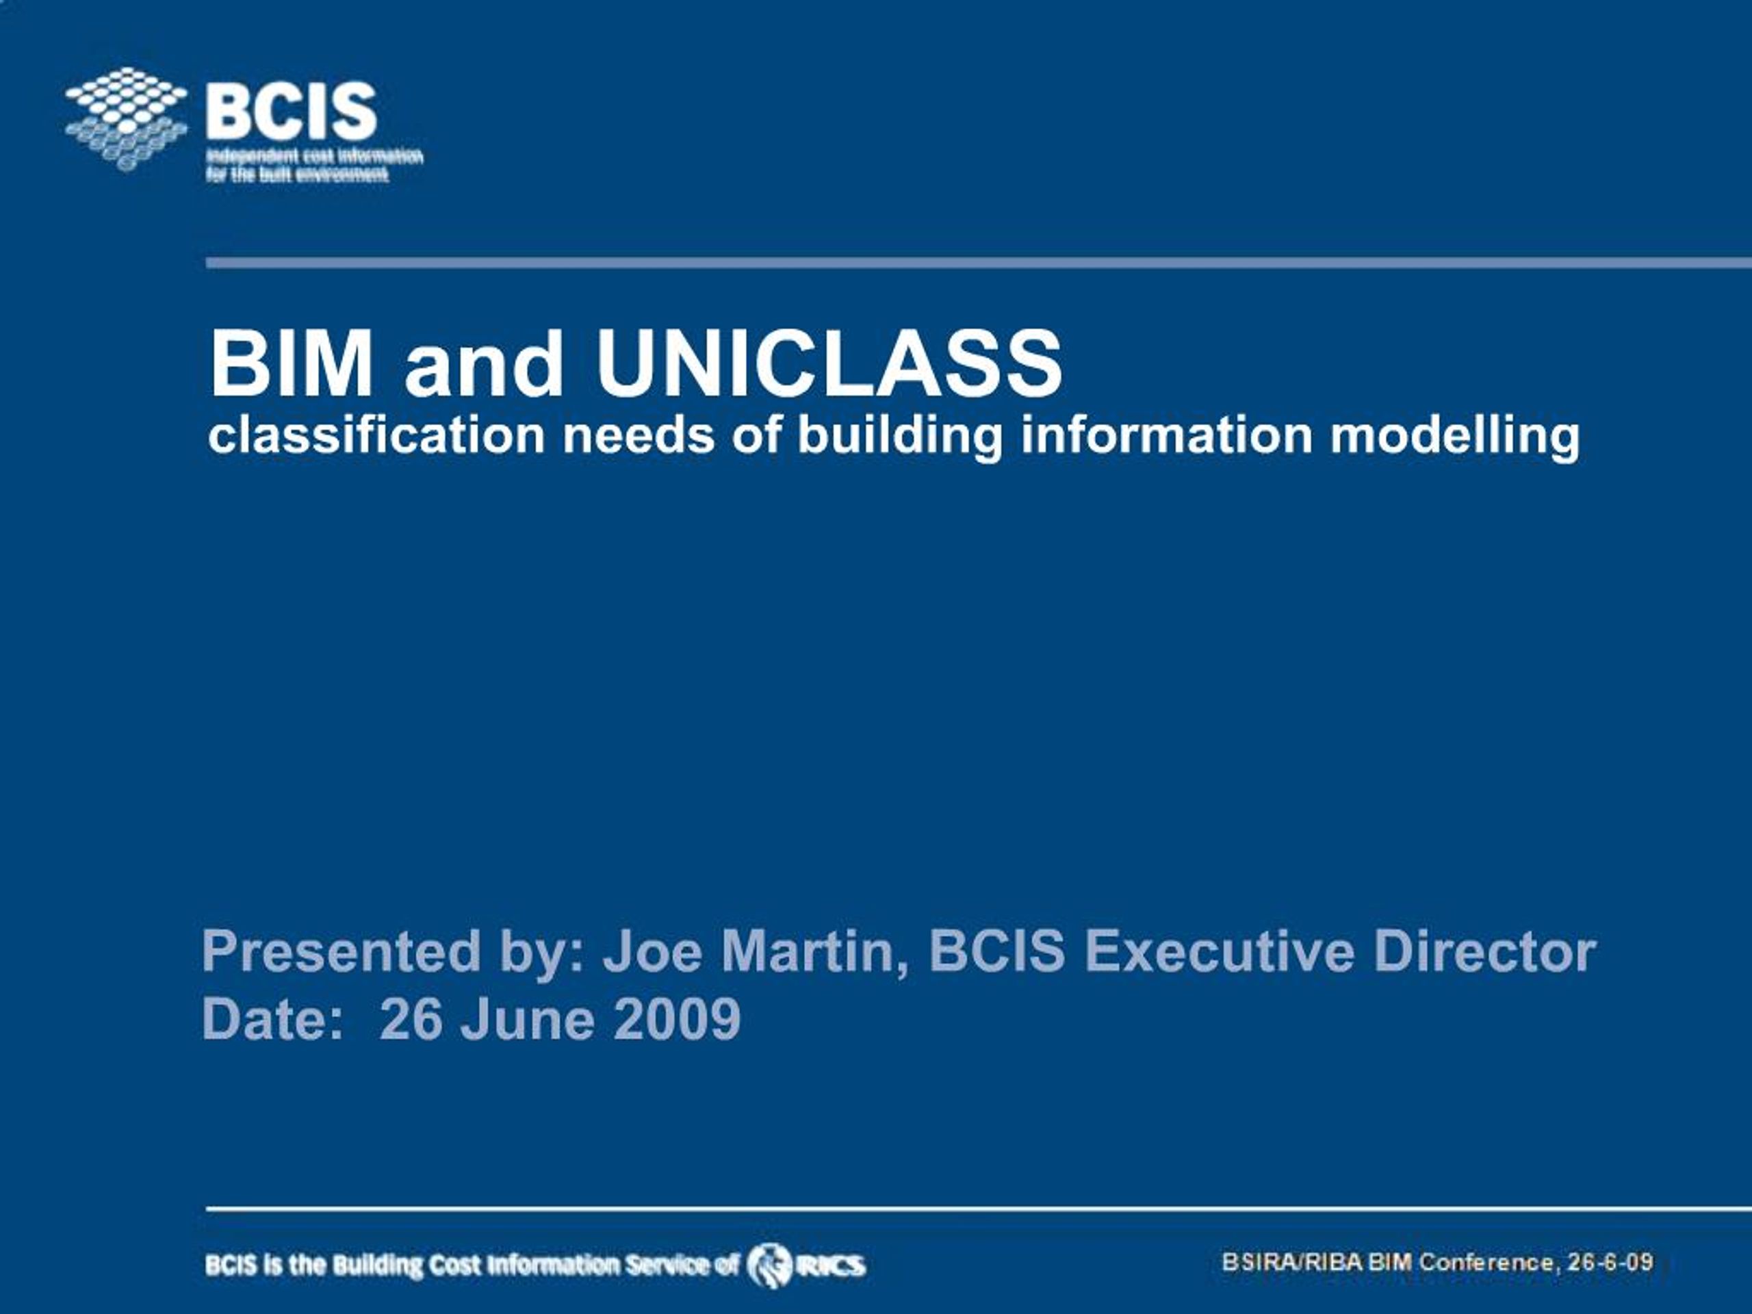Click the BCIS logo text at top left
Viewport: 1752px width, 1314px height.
tap(291, 111)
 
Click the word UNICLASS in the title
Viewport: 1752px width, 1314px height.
tap(829, 363)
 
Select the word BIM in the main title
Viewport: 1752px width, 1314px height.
tap(291, 363)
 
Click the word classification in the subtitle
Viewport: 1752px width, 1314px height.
tap(376, 436)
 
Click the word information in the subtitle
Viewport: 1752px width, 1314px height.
tap(1166, 436)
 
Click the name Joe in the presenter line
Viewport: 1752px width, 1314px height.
tap(652, 951)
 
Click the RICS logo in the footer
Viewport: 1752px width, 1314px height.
tap(806, 1265)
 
